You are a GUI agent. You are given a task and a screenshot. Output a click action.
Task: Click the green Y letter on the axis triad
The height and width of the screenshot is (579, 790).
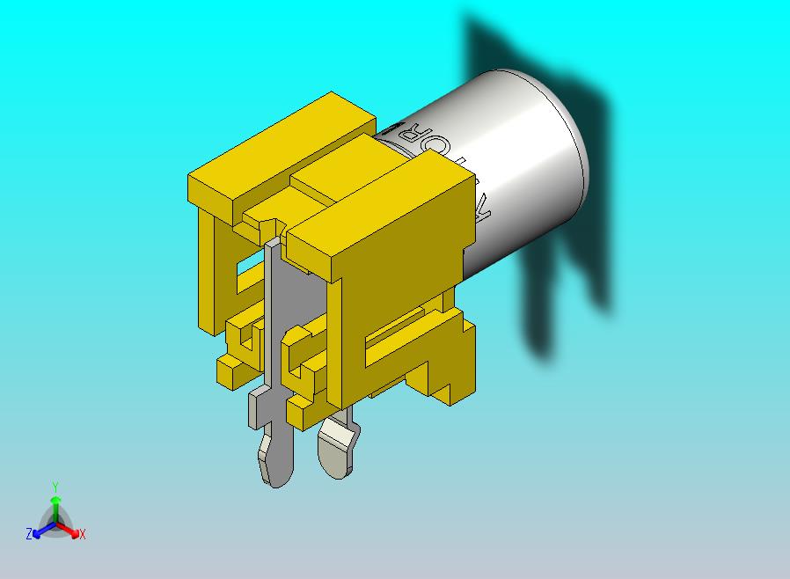pyautogui.click(x=55, y=487)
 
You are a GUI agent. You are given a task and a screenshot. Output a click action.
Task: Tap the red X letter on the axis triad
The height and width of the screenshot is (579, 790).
pyautogui.click(x=82, y=534)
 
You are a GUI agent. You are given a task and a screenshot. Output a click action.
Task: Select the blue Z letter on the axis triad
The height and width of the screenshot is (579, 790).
pyautogui.click(x=28, y=533)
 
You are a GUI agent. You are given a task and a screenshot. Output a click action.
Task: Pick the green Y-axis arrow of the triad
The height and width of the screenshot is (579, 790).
pyautogui.click(x=55, y=506)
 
